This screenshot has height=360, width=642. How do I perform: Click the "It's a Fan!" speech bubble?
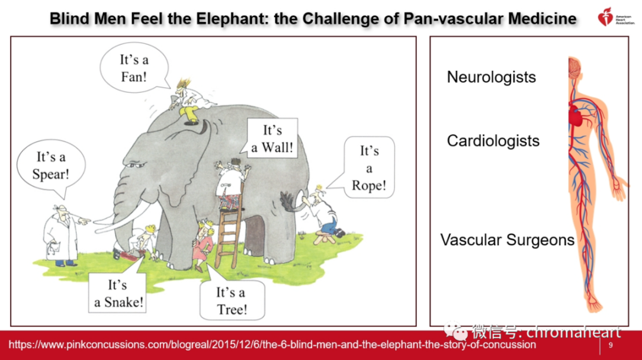click(x=134, y=68)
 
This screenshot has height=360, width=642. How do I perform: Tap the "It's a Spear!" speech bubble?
click(x=51, y=165)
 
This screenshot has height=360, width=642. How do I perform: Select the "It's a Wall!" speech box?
click(x=272, y=138)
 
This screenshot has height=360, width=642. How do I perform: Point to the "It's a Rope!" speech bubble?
click(x=369, y=167)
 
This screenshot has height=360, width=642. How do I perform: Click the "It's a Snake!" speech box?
click(x=117, y=293)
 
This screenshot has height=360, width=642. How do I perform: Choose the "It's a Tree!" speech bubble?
click(x=232, y=300)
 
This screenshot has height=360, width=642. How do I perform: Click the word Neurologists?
click(x=491, y=77)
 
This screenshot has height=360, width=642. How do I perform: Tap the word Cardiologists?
click(x=493, y=141)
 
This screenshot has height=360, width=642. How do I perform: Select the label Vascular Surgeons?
click(x=507, y=240)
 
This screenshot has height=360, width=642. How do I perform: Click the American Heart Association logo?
click(x=615, y=17)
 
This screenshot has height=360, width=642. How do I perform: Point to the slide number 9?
click(x=610, y=345)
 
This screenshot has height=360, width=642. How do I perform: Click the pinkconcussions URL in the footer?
click(x=272, y=344)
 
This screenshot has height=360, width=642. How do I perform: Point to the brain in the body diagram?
click(x=574, y=68)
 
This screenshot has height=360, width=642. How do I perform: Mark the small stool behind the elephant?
click(x=324, y=238)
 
